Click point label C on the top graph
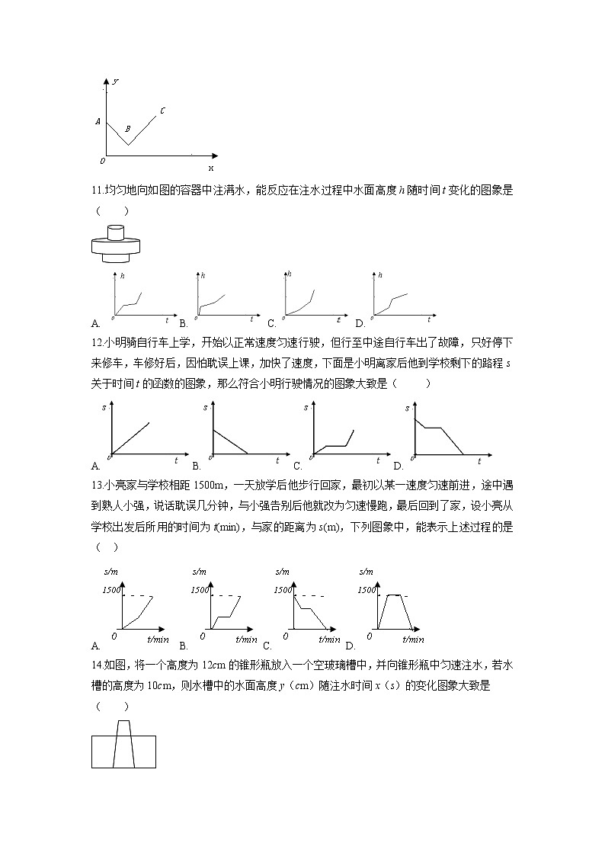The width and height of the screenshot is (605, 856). [x=162, y=111]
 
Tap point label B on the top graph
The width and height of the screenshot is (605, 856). [x=127, y=128]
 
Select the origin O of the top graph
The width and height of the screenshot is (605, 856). [x=102, y=161]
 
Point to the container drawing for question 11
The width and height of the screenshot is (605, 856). [x=117, y=243]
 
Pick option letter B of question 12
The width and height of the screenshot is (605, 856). [x=196, y=466]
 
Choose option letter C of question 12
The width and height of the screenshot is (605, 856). [x=296, y=466]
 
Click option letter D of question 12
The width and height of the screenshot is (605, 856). [x=397, y=466]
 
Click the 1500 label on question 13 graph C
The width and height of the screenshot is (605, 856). [x=282, y=590]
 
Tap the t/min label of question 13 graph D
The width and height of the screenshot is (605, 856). [x=412, y=640]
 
